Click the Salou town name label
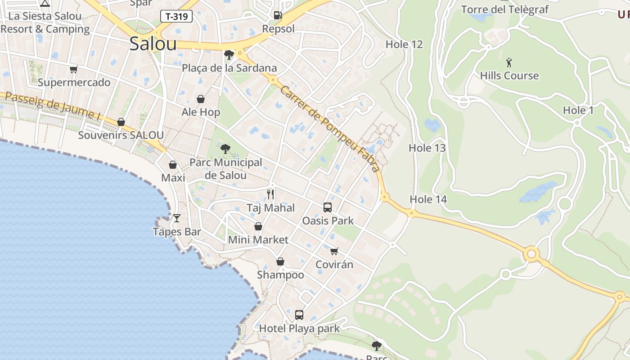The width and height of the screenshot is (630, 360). (153, 44)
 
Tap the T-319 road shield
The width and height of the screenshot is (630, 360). (176, 17)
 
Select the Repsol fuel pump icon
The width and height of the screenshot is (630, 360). (278, 15)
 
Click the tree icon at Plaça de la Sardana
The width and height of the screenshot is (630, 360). (229, 54)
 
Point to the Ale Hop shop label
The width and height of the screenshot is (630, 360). (201, 112)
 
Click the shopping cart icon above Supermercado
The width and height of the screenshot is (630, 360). (73, 69)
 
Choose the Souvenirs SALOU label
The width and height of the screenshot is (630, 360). (121, 135)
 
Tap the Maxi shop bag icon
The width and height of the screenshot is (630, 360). (173, 165)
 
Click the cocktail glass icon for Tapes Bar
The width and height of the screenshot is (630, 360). (177, 218)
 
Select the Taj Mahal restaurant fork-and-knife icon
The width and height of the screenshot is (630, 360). (270, 194)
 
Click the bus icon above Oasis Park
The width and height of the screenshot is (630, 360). (328, 207)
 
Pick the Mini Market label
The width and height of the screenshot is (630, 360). (258, 239)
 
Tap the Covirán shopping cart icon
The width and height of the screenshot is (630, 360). (334, 251)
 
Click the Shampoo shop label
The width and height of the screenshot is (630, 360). (280, 274)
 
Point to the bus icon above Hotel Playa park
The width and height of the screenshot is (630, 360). (299, 315)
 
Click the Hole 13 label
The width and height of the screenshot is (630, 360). (427, 148)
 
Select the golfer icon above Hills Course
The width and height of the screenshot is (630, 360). (509, 62)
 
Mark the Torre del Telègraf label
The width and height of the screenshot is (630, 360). (505, 9)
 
